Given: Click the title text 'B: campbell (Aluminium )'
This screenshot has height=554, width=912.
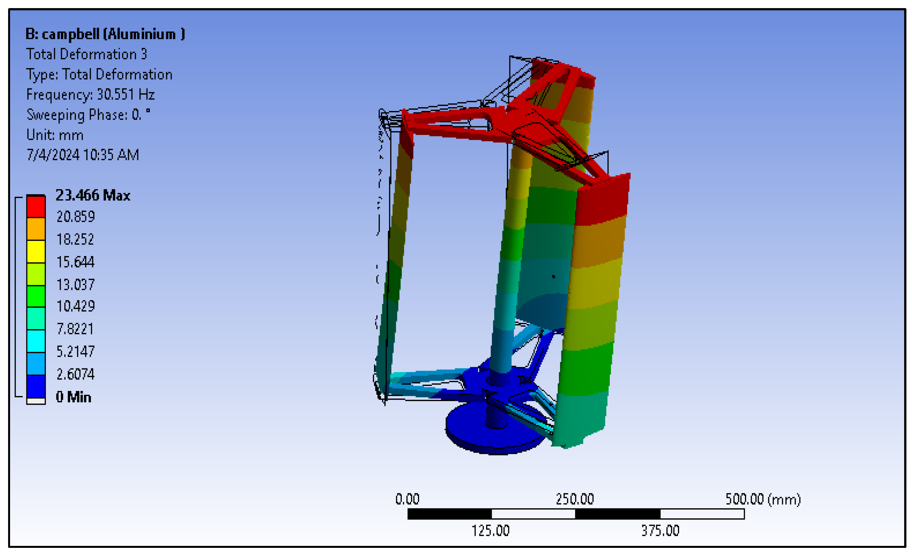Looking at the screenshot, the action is click(x=105, y=34).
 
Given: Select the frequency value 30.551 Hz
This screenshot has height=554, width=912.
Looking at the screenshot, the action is click(x=126, y=94).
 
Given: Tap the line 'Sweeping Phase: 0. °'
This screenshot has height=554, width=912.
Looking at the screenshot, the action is click(x=88, y=115).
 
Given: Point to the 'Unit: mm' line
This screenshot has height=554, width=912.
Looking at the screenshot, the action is click(x=55, y=135).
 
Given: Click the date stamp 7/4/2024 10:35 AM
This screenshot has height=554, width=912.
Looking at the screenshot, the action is click(x=82, y=155).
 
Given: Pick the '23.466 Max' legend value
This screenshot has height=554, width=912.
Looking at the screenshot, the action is click(x=93, y=195).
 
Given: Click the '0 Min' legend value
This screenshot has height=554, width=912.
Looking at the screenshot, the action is click(x=74, y=397).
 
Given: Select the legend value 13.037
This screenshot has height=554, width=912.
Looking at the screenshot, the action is click(x=75, y=285).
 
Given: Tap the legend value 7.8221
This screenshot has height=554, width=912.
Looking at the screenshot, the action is click(x=75, y=329).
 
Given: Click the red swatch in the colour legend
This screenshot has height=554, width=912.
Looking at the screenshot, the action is click(x=36, y=207).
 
